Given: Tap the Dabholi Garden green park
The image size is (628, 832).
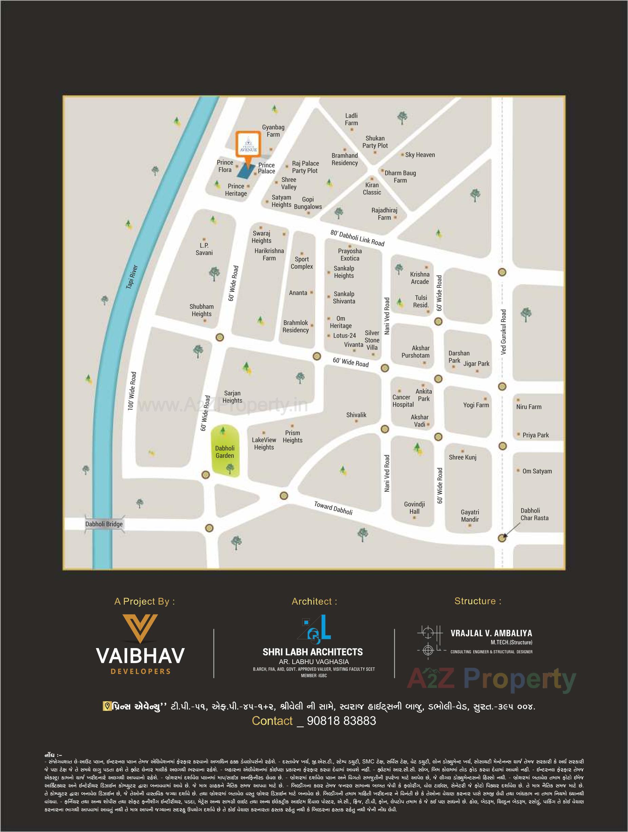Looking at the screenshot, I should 225,452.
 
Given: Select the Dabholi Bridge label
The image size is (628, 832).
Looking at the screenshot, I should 104,524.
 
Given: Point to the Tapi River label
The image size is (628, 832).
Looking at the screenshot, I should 132,277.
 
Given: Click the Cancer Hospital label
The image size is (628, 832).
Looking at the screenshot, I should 403,401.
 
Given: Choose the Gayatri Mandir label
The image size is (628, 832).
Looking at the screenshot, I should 470,516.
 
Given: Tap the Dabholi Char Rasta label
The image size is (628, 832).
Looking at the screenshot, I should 534,514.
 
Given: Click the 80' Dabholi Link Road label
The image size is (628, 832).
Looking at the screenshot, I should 357,238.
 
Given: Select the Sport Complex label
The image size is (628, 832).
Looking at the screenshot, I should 301,263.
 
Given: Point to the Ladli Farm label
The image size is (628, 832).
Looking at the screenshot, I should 351,119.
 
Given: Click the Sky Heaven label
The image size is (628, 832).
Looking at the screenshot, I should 420,155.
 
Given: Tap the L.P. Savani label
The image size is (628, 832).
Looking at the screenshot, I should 204,249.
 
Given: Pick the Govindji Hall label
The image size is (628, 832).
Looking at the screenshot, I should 414,508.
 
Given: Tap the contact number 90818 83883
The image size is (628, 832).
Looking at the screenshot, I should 341,721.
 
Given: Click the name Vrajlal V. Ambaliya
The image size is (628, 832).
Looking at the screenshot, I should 491,634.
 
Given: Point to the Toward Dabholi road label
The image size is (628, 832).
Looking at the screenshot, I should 333,507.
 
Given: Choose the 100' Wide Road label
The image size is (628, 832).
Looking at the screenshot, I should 132,391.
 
